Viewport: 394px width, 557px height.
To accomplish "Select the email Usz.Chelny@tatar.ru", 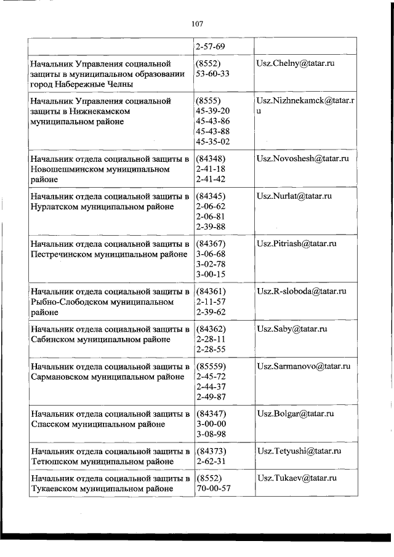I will click(x=295, y=63).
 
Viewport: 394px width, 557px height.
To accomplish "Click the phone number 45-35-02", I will click(x=212, y=142).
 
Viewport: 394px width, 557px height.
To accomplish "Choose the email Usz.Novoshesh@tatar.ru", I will click(x=303, y=158).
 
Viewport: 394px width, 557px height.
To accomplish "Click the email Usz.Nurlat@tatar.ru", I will click(x=294, y=196).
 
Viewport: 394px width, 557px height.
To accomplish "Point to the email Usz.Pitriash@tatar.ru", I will click(x=296, y=244).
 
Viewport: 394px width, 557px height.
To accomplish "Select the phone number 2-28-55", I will click(x=209, y=350).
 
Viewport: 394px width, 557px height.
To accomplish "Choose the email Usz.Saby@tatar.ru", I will click(x=291, y=329).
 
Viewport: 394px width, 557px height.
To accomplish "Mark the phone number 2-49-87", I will click(x=209, y=397).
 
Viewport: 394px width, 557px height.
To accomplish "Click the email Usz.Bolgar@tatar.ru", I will click(x=295, y=414).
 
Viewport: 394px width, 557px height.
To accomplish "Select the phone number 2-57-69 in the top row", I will click(x=209, y=46).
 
